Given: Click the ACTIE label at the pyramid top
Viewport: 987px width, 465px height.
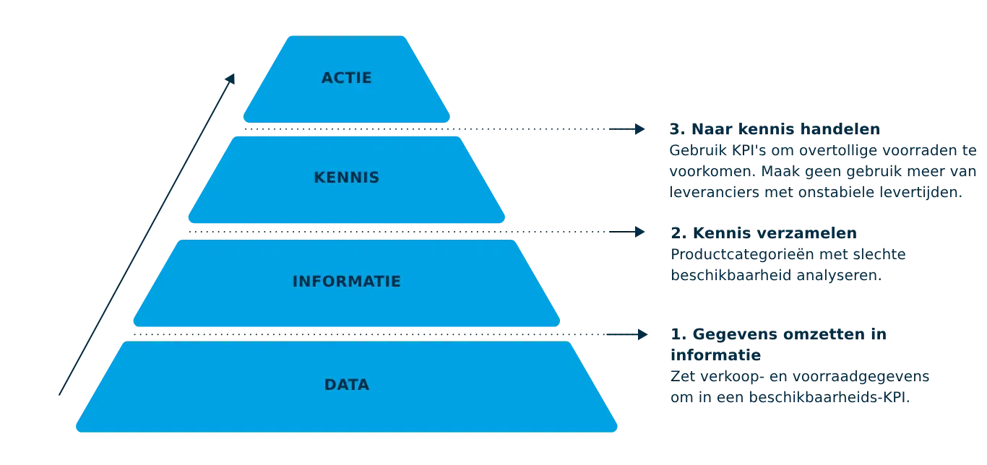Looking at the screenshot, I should (346, 78).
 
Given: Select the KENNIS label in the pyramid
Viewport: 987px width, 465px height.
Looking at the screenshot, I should (346, 178).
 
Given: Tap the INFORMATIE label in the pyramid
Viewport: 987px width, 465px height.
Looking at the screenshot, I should (346, 282).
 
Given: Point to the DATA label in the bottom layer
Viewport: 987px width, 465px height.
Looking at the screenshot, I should (346, 385).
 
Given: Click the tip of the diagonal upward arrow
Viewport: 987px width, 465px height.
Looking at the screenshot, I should (235, 72).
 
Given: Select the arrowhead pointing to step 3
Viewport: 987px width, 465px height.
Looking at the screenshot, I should (638, 129).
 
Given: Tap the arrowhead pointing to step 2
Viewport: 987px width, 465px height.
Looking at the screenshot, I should (638, 232).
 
